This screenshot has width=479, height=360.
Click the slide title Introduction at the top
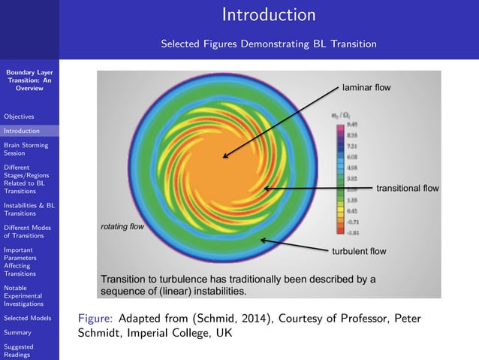click(269, 15)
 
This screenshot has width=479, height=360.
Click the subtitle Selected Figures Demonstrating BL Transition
click(269, 44)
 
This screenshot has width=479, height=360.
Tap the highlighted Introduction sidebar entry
click(22, 131)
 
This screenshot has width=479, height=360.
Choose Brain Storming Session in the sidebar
click(26, 149)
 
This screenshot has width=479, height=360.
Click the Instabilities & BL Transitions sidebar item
click(29, 208)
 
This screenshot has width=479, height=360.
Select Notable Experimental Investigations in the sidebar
click(27, 295)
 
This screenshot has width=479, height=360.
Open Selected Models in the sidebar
click(27, 318)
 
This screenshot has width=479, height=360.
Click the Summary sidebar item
click(17, 332)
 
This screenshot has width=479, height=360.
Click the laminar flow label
click(366, 88)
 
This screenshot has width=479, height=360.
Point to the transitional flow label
click(407, 188)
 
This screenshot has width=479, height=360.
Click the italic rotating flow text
click(122, 226)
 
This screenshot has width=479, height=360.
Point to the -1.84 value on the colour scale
click(351, 233)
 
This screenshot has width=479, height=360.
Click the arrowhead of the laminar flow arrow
click(224, 156)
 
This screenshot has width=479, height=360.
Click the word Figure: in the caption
click(95, 319)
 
